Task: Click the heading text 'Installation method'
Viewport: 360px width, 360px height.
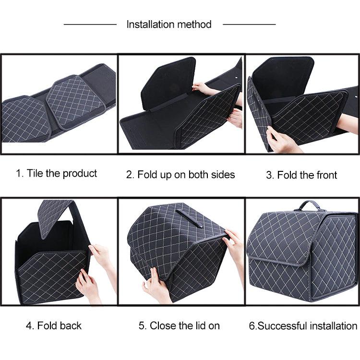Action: coord(168,24)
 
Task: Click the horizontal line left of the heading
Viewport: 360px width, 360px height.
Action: coord(90,24)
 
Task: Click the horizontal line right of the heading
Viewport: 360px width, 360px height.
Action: coord(249,24)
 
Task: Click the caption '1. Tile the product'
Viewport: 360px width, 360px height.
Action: coord(56,173)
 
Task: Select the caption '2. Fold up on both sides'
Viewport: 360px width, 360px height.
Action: coord(180,175)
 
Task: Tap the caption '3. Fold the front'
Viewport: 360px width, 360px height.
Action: coord(301,175)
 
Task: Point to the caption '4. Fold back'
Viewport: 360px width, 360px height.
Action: coord(54,325)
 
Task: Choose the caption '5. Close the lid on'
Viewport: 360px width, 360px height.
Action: coord(180,325)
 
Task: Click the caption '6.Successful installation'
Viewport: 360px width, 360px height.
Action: coord(303,326)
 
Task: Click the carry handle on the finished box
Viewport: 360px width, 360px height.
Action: coord(310,205)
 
